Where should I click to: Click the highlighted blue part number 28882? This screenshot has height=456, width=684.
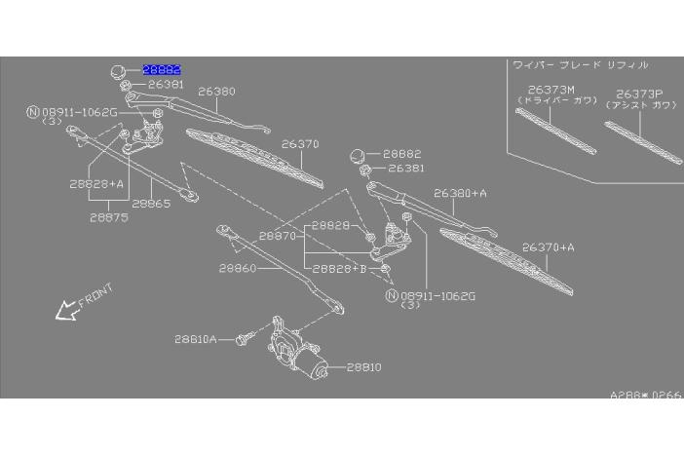(163, 70)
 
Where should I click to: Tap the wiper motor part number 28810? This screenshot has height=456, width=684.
(362, 367)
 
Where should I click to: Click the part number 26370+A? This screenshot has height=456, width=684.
(549, 247)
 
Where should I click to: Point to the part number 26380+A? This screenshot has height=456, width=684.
(460, 193)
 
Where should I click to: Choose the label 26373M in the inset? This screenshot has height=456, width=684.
(538, 90)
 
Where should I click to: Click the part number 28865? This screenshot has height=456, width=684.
(151, 204)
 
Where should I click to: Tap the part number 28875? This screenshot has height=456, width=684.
(109, 218)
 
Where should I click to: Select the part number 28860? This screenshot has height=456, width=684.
(237, 268)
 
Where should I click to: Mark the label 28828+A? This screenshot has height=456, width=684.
(96, 182)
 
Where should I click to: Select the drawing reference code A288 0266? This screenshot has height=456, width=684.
(646, 397)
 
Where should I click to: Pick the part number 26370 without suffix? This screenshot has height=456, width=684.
(300, 144)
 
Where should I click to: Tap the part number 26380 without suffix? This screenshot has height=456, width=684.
(216, 92)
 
